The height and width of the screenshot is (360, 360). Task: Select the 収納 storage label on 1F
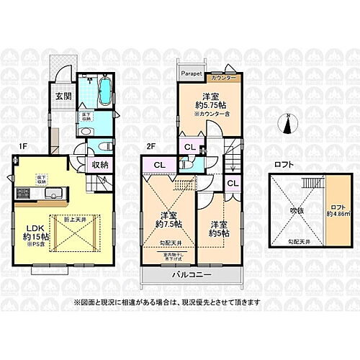pos(100,164)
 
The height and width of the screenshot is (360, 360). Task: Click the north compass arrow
pos(291,124)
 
